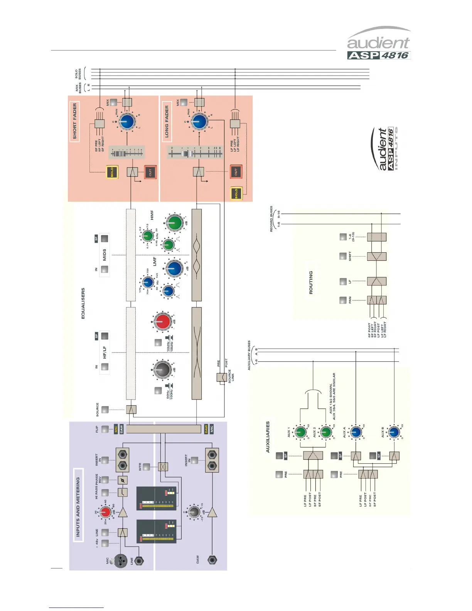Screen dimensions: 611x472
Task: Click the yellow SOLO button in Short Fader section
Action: [112, 172]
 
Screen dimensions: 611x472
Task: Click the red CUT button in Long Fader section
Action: [236, 172]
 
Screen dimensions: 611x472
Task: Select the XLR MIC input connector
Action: [120, 560]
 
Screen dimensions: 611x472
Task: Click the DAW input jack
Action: [212, 560]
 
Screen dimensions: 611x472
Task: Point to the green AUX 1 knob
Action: [300, 432]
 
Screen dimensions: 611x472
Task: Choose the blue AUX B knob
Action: [394, 432]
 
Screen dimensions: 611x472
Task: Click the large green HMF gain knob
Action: [174, 223]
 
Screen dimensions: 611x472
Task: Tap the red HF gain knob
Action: [162, 321]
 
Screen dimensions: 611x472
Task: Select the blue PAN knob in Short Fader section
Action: [126, 122]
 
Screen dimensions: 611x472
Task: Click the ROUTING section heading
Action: [311, 282]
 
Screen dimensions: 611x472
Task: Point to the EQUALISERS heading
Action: [83, 303]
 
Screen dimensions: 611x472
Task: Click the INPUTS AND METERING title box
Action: [78, 505]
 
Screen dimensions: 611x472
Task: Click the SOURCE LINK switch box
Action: [222, 377]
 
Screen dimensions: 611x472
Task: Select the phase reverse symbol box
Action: [122, 480]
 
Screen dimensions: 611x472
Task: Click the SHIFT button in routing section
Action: [343, 256]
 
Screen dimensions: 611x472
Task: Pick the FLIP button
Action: [105, 429]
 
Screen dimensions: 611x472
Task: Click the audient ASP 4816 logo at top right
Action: [379, 43]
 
